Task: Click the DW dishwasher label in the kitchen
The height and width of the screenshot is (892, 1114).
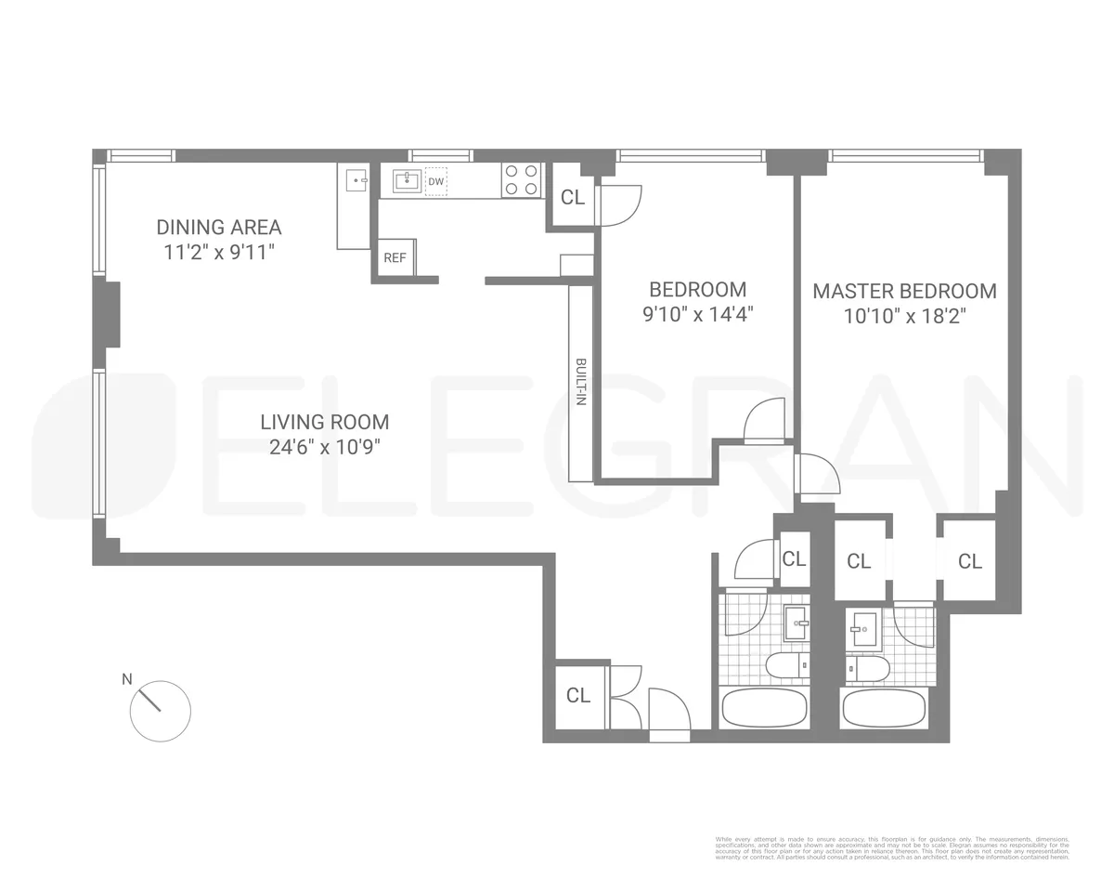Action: click(x=435, y=181)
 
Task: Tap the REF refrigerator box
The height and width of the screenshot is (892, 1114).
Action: click(x=395, y=257)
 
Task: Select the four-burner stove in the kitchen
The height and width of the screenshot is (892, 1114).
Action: click(x=521, y=180)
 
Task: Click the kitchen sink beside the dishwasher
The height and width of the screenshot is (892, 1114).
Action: click(x=407, y=180)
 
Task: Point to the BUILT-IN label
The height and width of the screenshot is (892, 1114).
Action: click(x=581, y=382)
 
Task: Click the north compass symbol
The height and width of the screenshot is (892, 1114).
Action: click(x=160, y=711)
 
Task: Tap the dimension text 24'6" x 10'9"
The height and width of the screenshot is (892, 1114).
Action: click(x=324, y=447)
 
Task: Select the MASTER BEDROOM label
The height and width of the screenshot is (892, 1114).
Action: click(x=904, y=291)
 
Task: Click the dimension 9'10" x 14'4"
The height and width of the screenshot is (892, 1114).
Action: click(x=697, y=314)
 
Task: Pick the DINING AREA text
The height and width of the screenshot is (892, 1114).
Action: click(x=218, y=227)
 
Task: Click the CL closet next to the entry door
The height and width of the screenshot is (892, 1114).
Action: click(x=578, y=695)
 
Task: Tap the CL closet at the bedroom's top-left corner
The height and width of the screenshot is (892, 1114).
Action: click(x=573, y=197)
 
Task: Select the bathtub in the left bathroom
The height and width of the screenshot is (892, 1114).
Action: click(x=764, y=708)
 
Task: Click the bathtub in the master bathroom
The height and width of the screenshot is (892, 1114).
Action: click(x=884, y=708)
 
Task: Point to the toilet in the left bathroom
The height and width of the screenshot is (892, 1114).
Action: click(x=785, y=665)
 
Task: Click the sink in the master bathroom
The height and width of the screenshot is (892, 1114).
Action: click(x=864, y=630)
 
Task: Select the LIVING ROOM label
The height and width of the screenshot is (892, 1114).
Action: click(x=324, y=422)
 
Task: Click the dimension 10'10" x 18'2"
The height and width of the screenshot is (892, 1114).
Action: click(x=905, y=316)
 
